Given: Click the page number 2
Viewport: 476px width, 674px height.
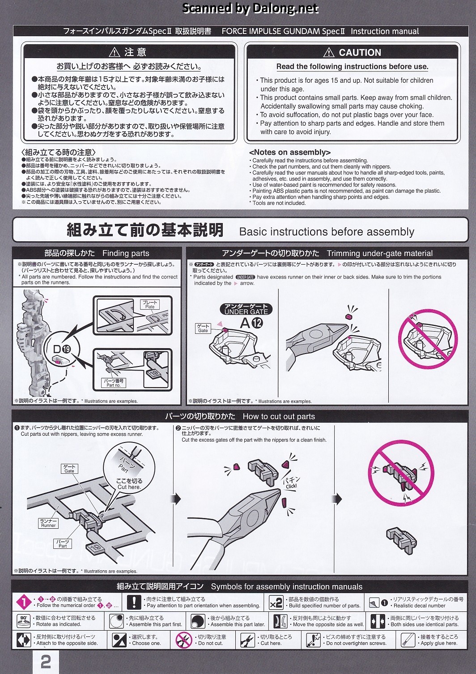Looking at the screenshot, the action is coord(46,661).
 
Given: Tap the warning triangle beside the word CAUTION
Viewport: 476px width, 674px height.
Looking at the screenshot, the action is coord(329,53).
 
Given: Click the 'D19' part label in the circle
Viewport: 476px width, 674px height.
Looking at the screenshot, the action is coord(62,349).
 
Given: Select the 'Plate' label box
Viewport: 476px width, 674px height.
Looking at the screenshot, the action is coord(150,304).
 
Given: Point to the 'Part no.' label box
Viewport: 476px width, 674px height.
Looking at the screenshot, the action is coord(113,383).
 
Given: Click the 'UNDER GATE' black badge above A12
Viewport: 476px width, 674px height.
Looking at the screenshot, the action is coord(246,309).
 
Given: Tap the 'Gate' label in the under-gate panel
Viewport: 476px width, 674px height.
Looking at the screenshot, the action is coord(203,328).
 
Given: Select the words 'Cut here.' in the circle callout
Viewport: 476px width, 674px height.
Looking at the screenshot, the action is coord(129,487).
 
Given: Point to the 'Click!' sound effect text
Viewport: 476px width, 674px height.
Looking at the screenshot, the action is coord(291,486).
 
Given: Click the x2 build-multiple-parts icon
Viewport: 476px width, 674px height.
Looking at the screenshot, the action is coord(276,602).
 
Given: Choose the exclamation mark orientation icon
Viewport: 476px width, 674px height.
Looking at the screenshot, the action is coord(134,602).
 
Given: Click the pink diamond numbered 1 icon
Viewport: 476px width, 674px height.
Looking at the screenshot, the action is coord(23,602).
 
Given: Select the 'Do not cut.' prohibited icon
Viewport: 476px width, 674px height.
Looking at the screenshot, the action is coord(184,640).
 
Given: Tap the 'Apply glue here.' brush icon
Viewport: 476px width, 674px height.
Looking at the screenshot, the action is coord(408,640).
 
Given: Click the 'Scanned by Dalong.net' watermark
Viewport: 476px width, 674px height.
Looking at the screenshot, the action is coord(250,8).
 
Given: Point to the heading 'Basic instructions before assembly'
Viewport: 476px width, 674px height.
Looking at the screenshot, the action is coord(327,232).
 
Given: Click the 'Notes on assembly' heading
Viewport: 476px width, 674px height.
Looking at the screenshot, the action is coord(290,152).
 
